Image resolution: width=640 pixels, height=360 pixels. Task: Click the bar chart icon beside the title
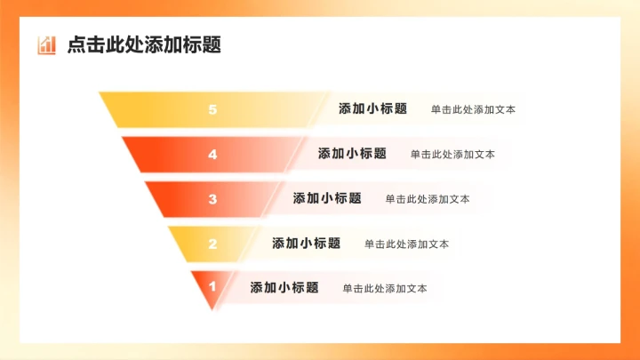click(x=46, y=44)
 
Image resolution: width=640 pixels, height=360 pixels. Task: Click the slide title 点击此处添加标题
click(x=144, y=44)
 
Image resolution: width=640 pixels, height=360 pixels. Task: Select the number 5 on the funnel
click(x=212, y=109)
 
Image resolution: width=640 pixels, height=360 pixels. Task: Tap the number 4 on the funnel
click(x=212, y=155)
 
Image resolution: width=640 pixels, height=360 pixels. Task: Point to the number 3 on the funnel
click(x=212, y=199)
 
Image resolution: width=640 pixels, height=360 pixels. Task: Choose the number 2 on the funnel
click(x=212, y=244)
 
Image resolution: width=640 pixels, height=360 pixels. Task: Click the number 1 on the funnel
click(x=212, y=286)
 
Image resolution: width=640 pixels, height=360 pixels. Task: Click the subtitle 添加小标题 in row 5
click(x=372, y=109)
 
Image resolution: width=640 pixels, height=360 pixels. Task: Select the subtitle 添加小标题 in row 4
click(x=352, y=154)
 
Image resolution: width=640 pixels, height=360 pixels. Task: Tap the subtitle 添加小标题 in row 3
click(x=327, y=198)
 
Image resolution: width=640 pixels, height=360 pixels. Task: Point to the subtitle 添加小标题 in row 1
click(x=284, y=288)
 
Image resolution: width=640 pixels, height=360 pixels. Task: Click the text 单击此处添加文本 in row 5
click(x=473, y=110)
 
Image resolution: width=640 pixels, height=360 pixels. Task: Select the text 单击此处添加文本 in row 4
click(x=452, y=155)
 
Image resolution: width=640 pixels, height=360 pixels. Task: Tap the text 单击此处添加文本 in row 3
click(x=428, y=199)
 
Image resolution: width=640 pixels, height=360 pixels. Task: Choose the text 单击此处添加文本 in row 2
click(x=406, y=244)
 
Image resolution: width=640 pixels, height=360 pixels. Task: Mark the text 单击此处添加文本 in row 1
click(x=385, y=289)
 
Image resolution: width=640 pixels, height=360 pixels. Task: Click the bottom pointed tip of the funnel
click(x=212, y=310)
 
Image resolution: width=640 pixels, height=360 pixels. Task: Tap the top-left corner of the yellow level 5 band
click(x=100, y=93)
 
